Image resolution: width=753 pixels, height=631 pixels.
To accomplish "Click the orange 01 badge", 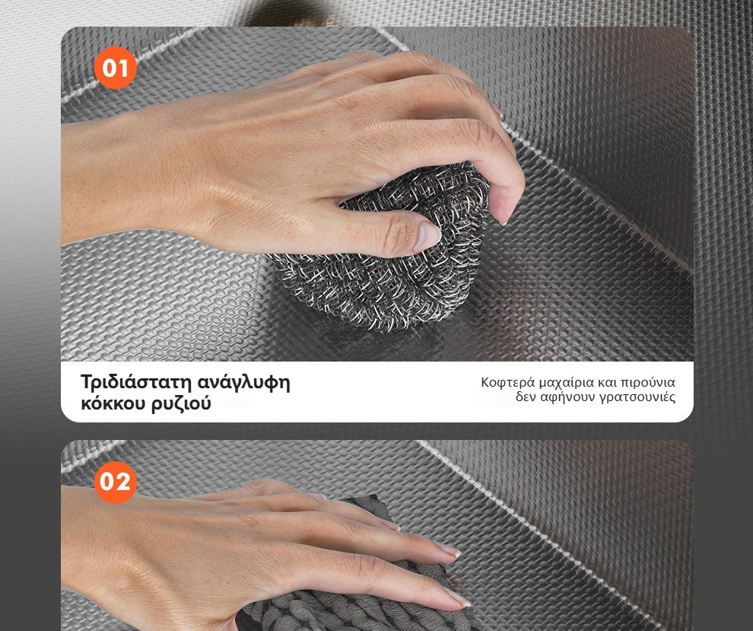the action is pos(116,68).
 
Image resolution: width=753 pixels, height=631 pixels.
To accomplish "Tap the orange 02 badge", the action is pos(116,482).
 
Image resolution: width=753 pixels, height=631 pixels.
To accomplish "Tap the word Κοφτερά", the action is pos(507,383).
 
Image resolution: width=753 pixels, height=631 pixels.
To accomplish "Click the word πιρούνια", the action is pos(648,384).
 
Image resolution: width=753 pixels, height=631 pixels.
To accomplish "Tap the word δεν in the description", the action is pos(526,397).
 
